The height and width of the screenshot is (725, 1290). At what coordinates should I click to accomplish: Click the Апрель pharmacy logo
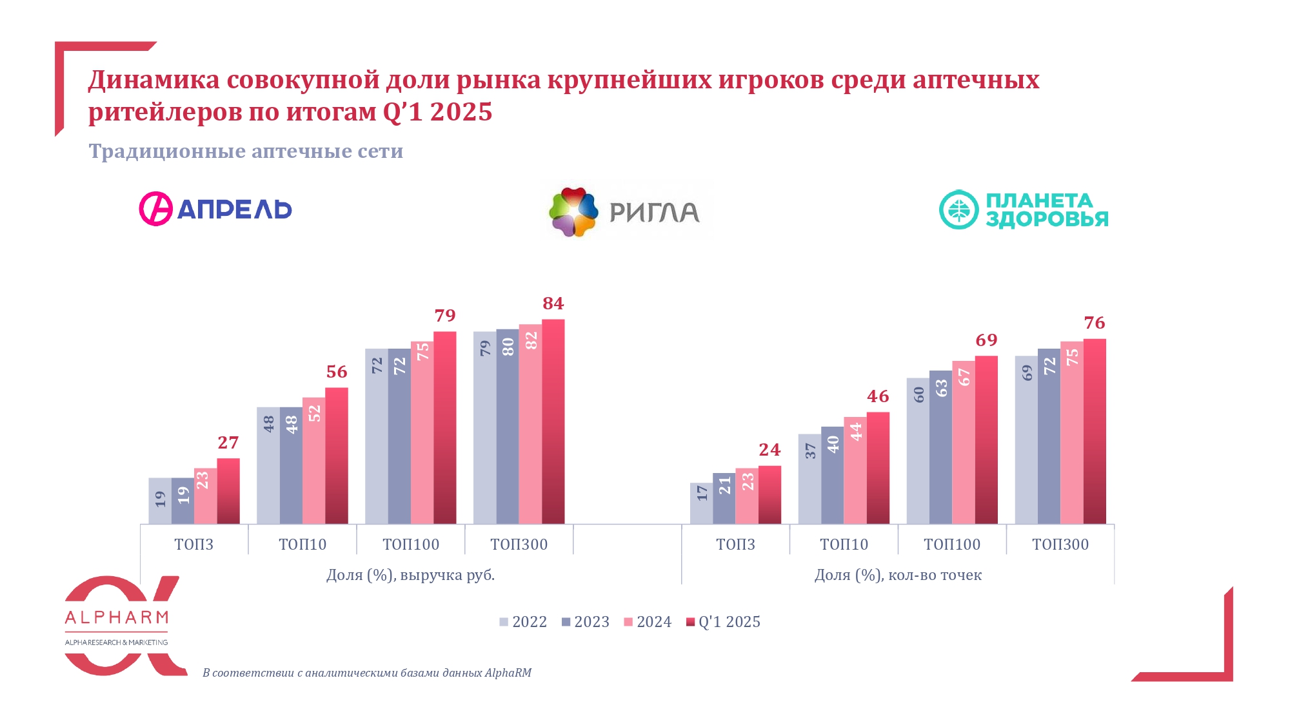[215, 209]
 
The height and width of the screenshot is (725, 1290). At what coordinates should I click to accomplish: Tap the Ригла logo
[624, 212]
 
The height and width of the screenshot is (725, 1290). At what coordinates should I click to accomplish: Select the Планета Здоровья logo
[1024, 209]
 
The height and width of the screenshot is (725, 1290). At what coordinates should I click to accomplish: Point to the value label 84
[553, 304]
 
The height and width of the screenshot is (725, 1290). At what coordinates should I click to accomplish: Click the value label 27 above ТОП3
[228, 443]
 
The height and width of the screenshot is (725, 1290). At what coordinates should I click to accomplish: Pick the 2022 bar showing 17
[701, 503]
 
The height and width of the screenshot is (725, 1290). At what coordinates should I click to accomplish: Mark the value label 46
[877, 396]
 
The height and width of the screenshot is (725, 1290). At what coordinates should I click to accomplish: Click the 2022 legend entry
[523, 622]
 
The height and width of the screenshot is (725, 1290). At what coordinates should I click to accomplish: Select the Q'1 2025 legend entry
[723, 622]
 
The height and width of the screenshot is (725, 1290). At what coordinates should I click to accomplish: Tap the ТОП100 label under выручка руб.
[410, 545]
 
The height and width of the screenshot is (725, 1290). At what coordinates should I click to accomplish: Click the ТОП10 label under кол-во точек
[844, 545]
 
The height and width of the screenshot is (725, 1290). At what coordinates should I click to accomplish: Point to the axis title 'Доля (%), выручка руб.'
[410, 575]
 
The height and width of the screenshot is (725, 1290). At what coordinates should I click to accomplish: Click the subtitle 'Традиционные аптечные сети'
[246, 151]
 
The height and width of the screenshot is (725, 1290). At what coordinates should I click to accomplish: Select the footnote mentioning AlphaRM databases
[366, 673]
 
